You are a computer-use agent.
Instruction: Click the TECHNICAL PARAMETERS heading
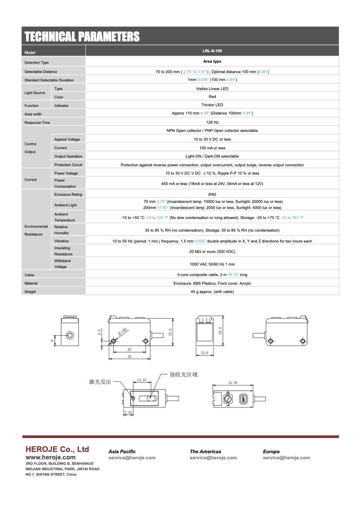(82, 37)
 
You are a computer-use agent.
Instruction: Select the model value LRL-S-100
(212, 51)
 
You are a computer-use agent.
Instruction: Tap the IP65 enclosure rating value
(212, 194)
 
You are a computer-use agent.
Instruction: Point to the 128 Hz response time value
(212, 122)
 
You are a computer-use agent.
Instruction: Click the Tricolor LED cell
(212, 105)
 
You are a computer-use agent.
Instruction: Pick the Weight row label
(31, 292)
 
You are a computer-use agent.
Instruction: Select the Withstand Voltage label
(61, 264)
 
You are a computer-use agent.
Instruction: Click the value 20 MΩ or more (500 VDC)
(212, 251)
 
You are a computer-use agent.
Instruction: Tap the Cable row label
(29, 275)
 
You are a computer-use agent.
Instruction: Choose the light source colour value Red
(212, 97)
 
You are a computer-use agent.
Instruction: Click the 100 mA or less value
(212, 148)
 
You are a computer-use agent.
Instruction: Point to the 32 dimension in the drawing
(129, 357)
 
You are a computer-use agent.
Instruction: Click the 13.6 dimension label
(204, 353)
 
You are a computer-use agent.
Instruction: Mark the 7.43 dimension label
(128, 412)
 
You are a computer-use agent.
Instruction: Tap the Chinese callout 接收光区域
(184, 374)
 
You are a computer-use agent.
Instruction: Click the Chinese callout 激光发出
(100, 382)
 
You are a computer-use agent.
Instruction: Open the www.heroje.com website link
(51, 458)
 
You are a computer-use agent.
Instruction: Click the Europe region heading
(271, 452)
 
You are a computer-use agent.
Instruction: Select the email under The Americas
(213, 458)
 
